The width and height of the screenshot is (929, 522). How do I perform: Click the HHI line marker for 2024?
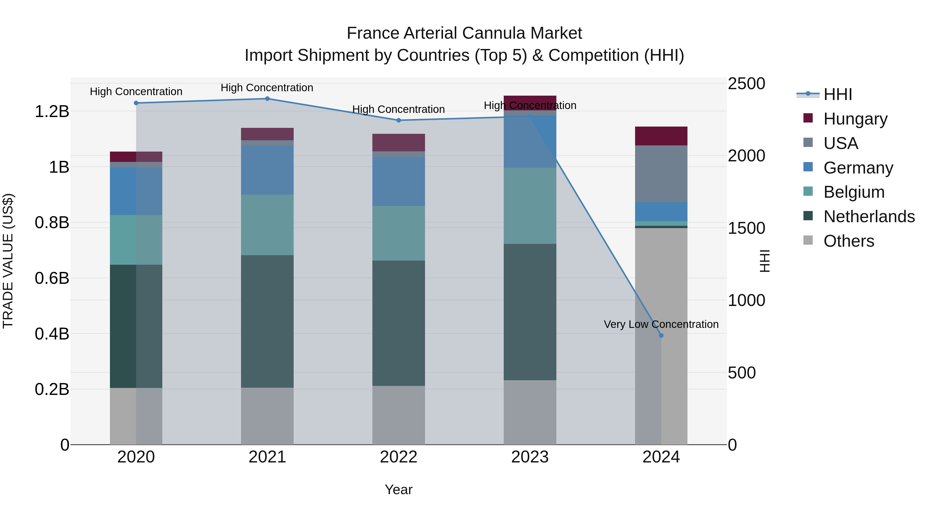click(x=661, y=335)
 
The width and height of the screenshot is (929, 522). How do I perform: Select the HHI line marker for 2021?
click(x=267, y=98)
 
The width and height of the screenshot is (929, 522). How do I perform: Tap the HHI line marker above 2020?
click(x=136, y=103)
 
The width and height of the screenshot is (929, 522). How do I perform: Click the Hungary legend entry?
click(x=855, y=119)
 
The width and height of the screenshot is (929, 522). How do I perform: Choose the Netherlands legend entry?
click(x=868, y=217)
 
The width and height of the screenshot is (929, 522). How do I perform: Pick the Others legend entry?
click(x=848, y=241)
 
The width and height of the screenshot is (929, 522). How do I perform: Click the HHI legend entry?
click(x=837, y=94)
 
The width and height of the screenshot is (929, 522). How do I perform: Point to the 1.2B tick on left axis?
click(x=52, y=112)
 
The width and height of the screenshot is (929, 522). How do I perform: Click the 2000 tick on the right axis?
click(x=746, y=156)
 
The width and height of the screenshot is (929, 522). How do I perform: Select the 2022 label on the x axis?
click(x=398, y=457)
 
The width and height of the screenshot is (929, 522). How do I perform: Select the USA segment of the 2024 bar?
click(x=661, y=174)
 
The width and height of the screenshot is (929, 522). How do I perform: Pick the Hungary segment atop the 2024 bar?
click(x=661, y=136)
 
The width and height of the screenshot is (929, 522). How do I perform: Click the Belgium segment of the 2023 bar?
click(x=530, y=206)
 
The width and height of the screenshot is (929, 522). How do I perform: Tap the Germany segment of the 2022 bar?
click(x=398, y=181)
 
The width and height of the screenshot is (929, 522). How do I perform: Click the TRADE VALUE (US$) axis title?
click(x=8, y=261)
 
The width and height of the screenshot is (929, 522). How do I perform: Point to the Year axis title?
click(x=398, y=490)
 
